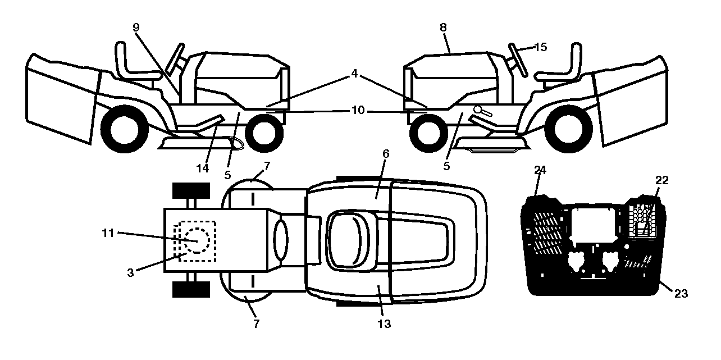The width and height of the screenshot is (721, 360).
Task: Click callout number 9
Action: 136,28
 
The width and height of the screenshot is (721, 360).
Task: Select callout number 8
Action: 443,28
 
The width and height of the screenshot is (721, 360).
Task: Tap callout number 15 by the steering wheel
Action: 541,47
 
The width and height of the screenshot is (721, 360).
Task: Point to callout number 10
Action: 358,111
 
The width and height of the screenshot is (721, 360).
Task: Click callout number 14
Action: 203,168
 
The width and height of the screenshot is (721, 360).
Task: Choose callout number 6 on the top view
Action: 386,154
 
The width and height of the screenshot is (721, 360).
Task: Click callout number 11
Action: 108,233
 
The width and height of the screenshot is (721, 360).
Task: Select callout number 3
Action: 130,273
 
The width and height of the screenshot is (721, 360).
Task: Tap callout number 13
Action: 384,324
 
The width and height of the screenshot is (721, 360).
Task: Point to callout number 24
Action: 540,170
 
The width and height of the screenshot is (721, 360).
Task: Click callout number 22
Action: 662,180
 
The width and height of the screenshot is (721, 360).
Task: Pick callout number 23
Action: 681,294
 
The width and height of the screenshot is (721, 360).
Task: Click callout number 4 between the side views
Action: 354,74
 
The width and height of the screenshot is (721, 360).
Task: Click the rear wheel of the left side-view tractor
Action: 125,129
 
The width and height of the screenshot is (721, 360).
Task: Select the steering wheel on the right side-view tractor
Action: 518,60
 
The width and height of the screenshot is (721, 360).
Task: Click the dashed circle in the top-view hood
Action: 197,240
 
